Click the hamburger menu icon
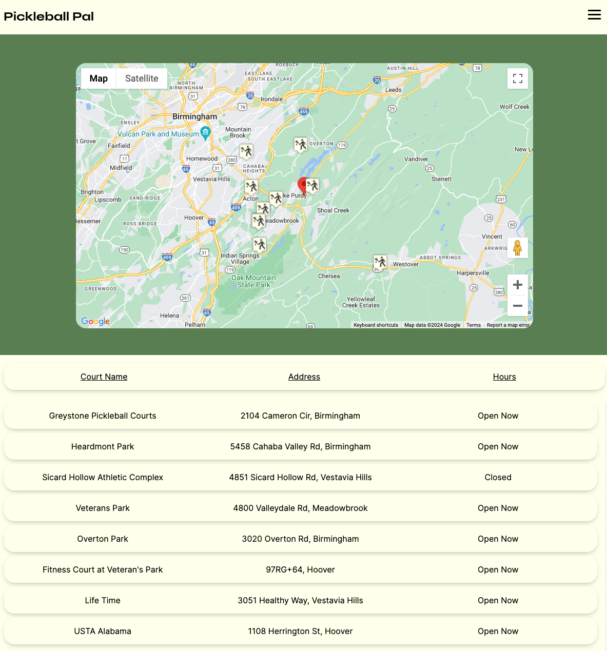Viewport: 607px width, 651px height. (594, 15)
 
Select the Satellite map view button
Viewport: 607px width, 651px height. (142, 78)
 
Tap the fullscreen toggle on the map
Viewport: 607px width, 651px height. (518, 78)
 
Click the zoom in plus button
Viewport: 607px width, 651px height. (518, 285)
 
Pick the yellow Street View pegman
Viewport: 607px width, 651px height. (518, 248)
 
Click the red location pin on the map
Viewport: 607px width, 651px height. (303, 186)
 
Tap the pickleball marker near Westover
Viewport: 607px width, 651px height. (380, 262)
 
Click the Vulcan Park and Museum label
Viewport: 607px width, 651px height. (159, 134)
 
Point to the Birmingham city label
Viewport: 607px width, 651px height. (194, 116)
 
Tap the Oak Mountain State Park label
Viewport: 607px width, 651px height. (253, 281)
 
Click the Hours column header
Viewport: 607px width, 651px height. (504, 377)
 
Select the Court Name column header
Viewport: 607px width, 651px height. (104, 377)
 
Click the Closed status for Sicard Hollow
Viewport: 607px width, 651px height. (498, 477)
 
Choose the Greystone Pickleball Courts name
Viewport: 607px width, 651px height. (103, 416)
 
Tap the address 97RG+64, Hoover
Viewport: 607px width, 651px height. (300, 569)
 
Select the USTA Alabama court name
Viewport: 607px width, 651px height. (103, 631)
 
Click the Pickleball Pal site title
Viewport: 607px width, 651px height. (49, 16)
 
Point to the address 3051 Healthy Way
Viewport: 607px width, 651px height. (300, 600)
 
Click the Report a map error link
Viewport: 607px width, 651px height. (507, 325)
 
